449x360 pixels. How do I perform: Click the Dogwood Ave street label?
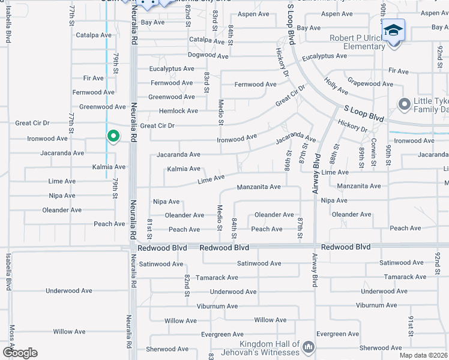pyautogui.click(x=208, y=55)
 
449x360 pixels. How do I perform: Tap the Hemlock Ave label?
pyautogui.click(x=178, y=111)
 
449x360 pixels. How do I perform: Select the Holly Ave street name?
pyautogui.click(x=336, y=86)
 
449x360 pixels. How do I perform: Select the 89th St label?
pyautogui.click(x=362, y=157)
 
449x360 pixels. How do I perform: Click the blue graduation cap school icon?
pyautogui.click(x=393, y=31)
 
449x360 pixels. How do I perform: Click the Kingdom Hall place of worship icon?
pyautogui.click(x=309, y=347)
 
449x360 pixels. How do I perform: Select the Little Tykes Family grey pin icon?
pyautogui.click(x=405, y=105)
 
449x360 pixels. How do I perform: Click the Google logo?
pyautogui.click(x=20, y=353)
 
